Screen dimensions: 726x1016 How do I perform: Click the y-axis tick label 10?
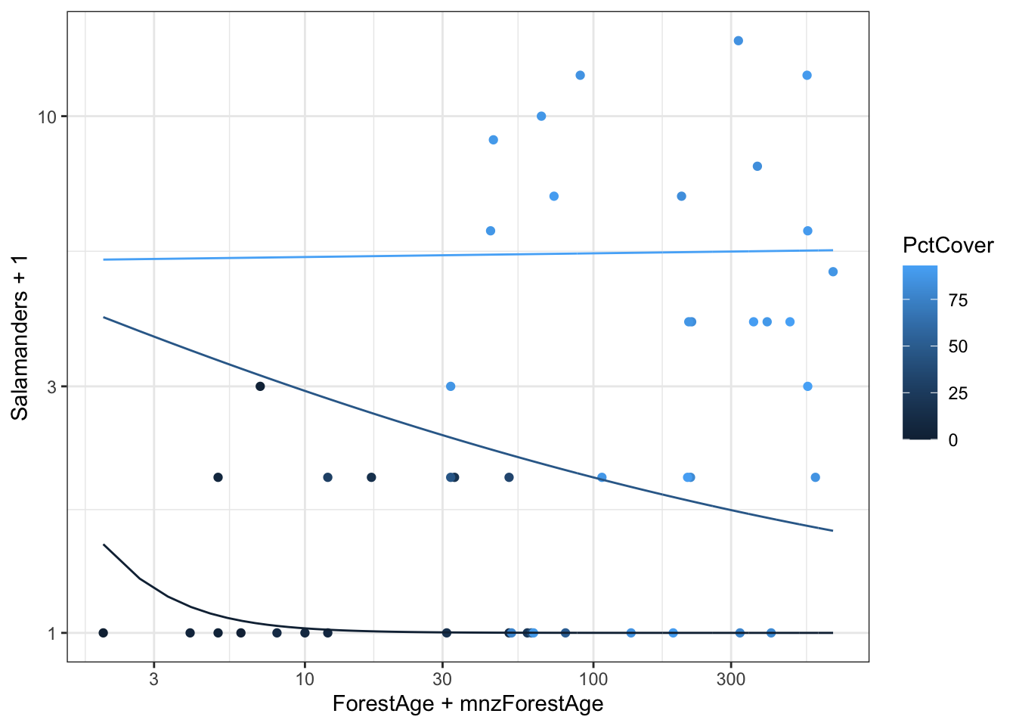[x=48, y=116]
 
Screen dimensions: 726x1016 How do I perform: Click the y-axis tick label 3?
[x=52, y=386]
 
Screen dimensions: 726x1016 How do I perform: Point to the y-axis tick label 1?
[x=52, y=633]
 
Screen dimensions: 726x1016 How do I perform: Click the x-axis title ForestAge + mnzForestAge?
[x=468, y=704]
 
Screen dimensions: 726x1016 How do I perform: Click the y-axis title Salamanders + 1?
[x=20, y=337]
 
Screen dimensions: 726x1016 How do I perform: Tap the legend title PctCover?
[x=948, y=245]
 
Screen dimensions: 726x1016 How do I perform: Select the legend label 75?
[x=958, y=301]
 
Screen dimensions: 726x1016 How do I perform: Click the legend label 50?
[x=958, y=347]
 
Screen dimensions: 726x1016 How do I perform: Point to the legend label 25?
[x=958, y=393]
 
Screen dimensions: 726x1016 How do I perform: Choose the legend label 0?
[x=952, y=440]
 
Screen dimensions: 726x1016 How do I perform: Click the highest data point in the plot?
[x=739, y=41]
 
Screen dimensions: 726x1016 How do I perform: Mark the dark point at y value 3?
[x=260, y=386]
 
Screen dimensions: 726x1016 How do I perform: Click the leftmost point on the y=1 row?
[x=104, y=633]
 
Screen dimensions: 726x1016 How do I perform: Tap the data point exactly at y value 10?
[x=541, y=116]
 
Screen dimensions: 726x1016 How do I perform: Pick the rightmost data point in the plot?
[x=833, y=272]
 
